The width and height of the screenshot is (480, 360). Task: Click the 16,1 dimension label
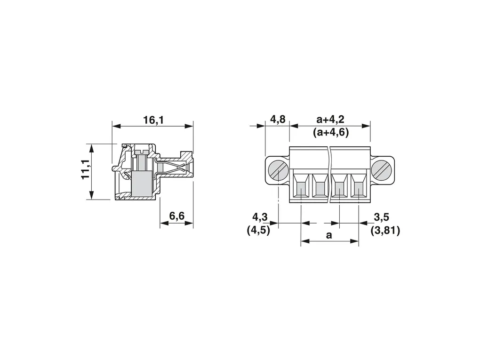pos(153,120)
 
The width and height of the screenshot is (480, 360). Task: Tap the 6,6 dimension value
pos(177,216)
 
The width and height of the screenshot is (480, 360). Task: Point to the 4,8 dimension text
pos(278,119)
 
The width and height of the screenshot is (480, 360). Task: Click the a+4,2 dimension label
pos(330,120)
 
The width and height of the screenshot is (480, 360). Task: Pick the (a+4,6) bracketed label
pos(331,132)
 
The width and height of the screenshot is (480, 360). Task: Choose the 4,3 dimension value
pos(260,217)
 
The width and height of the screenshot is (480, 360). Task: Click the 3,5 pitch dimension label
pos(382,217)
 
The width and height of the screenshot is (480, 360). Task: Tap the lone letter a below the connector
pos(329,235)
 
